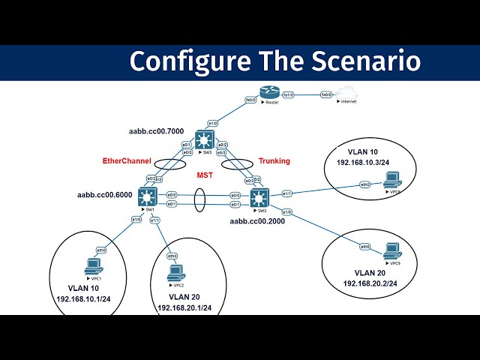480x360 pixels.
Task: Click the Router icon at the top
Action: [x=268, y=92]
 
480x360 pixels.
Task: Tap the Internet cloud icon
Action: [x=346, y=92]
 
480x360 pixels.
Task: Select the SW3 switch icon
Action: [x=204, y=139]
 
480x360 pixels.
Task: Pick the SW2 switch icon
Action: [x=258, y=199]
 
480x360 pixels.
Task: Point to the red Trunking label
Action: [x=274, y=161]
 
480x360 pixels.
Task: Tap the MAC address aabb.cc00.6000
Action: [x=105, y=195]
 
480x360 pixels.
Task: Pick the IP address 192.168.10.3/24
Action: [x=363, y=161]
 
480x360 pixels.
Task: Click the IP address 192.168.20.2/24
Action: [x=370, y=283]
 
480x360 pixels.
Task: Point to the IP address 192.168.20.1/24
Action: [x=184, y=307]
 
